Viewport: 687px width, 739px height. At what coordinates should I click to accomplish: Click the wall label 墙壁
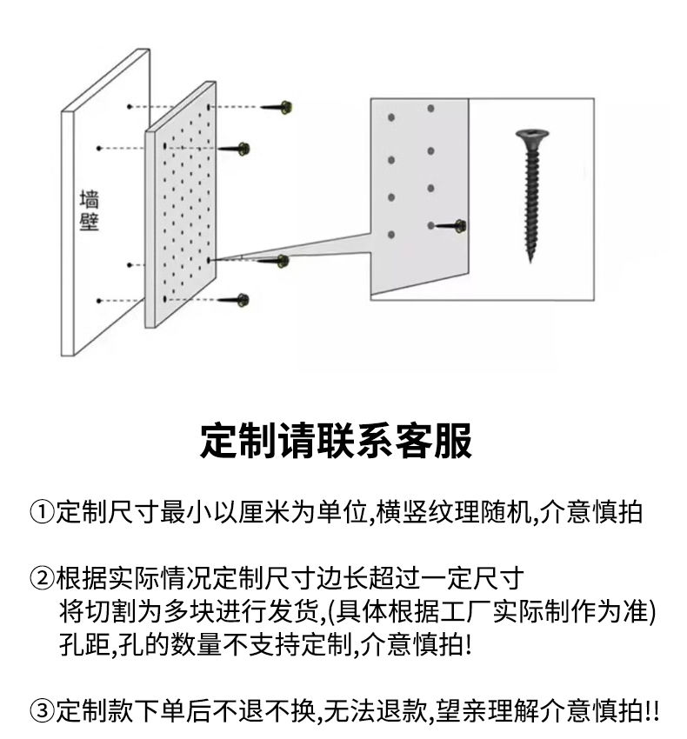(x=89, y=210)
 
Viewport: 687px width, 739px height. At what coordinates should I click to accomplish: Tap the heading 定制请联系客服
(x=336, y=441)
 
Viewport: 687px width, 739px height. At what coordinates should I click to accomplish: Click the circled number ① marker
(x=43, y=512)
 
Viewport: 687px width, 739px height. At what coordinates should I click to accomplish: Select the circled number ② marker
(x=43, y=578)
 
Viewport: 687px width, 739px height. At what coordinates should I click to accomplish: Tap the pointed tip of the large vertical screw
(x=530, y=260)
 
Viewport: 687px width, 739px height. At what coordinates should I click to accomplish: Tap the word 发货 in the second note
(x=296, y=611)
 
